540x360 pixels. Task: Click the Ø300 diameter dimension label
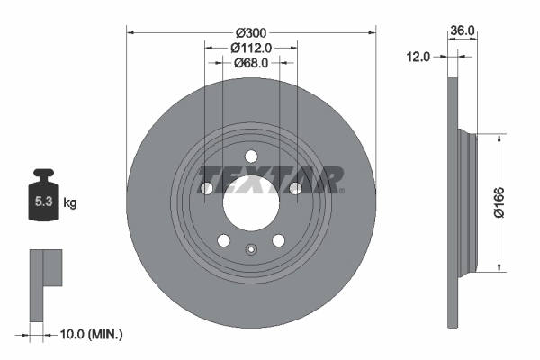(251, 29)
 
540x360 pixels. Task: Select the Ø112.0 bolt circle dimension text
(251, 46)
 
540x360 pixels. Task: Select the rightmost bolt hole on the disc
(295, 188)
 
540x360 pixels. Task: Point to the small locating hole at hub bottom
(251, 251)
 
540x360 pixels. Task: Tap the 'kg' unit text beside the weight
(69, 203)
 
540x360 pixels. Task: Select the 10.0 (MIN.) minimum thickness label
(89, 334)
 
